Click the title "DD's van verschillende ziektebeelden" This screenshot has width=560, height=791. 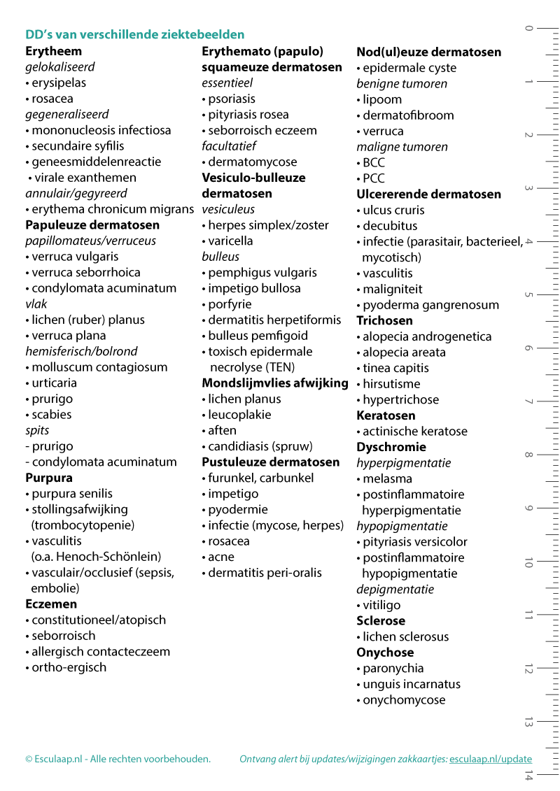[x=134, y=34]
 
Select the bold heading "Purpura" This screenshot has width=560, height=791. [x=49, y=478]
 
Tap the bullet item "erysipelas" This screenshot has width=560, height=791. [x=59, y=83]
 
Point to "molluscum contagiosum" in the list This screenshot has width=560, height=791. [x=99, y=367]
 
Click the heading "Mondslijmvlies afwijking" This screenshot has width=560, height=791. [x=275, y=383]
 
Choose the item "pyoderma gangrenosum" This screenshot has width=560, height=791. [x=430, y=305]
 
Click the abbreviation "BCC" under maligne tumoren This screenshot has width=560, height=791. [x=374, y=162]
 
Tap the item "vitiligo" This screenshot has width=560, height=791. [x=381, y=605]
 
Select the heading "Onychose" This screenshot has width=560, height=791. [x=384, y=653]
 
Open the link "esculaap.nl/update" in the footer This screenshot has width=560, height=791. [x=490, y=759]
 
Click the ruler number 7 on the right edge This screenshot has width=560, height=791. [x=528, y=402]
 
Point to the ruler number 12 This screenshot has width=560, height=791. [x=528, y=669]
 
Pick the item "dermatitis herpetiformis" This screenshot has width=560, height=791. [x=274, y=320]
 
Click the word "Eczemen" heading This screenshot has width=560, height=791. [x=51, y=604]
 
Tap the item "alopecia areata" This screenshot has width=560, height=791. [x=404, y=352]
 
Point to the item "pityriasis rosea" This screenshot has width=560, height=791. [x=248, y=115]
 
